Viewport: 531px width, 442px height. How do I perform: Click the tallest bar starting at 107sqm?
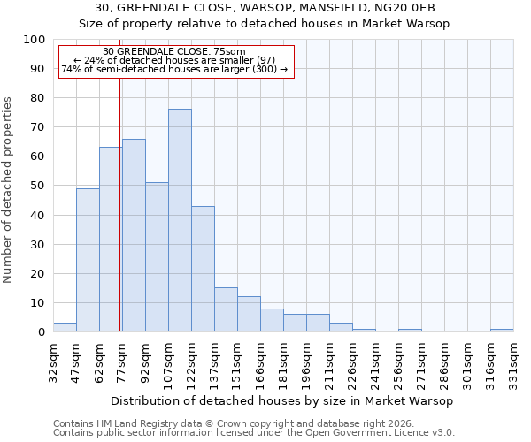coord(180,220)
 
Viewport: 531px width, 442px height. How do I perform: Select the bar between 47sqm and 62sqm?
coord(88,260)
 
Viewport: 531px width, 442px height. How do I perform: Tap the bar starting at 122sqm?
coord(203,269)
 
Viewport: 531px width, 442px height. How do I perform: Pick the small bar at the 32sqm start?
coord(65,327)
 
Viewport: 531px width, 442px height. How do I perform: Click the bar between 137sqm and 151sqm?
coord(226,309)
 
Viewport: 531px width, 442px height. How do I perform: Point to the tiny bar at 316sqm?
coord(502,330)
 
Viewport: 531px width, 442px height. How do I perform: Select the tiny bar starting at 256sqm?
coord(410,330)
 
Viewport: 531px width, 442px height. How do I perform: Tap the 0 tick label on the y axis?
coord(42,332)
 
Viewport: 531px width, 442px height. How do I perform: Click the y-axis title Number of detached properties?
coord(9,190)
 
